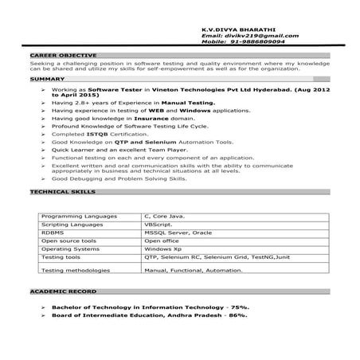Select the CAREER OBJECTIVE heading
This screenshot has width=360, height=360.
click(x=53, y=55)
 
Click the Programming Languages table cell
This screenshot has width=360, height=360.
click(x=72, y=217)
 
